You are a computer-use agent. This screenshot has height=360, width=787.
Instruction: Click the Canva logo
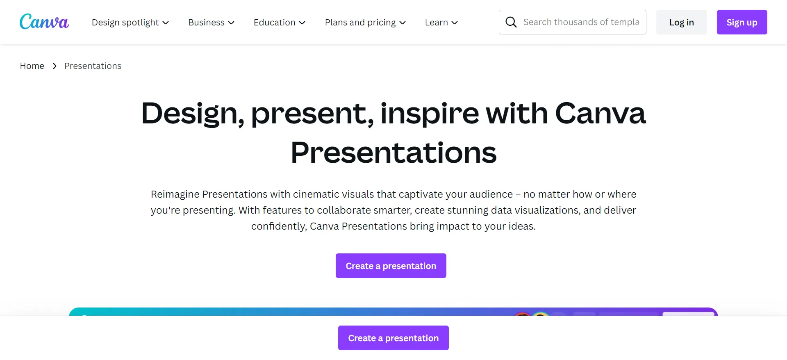tap(44, 22)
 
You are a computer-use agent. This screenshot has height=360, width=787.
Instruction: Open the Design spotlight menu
tap(130, 23)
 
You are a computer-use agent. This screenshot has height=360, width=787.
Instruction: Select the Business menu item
tap(211, 23)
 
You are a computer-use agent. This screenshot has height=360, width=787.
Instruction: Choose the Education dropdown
tap(280, 23)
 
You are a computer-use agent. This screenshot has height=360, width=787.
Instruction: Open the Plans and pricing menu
tap(365, 23)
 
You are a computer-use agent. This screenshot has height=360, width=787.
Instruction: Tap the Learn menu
tap(441, 23)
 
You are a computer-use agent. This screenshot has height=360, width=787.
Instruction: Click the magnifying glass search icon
tap(511, 22)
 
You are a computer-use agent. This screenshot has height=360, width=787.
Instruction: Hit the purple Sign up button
tap(742, 22)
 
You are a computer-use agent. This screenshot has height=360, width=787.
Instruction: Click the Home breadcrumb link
tap(32, 66)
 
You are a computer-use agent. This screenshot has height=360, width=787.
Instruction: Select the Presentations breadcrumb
tap(93, 66)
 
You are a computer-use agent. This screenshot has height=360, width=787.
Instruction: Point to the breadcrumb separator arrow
tap(55, 66)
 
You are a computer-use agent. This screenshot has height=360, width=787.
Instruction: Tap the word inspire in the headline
tap(429, 114)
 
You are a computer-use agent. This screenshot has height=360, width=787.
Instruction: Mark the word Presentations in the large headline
tap(393, 153)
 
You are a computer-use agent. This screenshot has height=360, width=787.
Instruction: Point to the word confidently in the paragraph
tap(279, 226)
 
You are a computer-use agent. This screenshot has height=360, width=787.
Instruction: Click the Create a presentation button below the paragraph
tap(391, 266)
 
